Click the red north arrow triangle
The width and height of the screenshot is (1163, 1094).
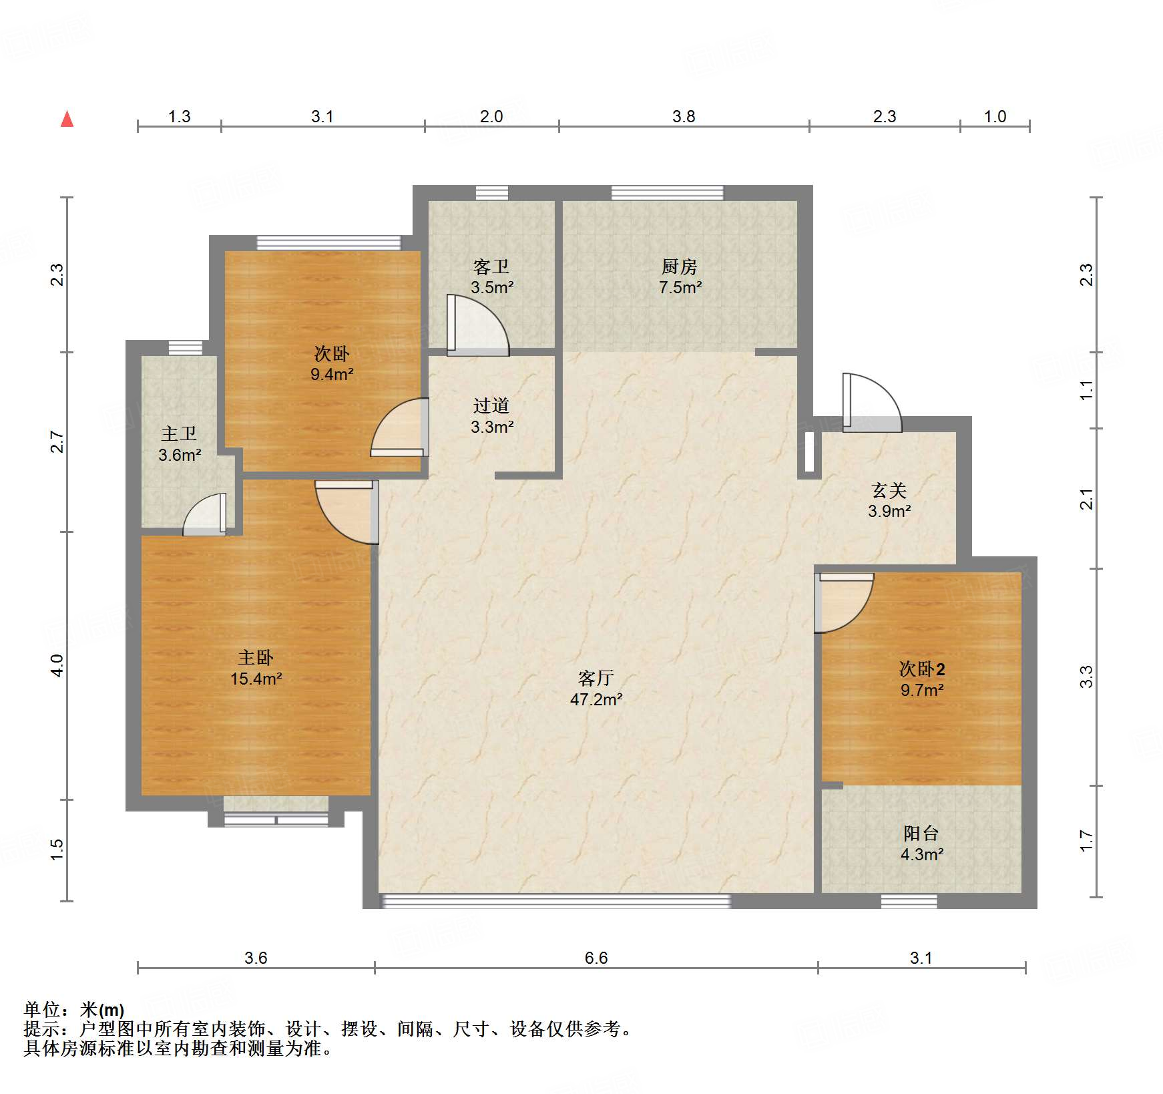pos(67,119)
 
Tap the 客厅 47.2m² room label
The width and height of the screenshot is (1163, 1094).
pos(596,689)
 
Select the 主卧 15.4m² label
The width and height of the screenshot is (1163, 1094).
pos(256,668)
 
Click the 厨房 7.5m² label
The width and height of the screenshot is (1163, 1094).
pos(680,277)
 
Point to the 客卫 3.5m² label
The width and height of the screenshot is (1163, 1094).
pos(492,277)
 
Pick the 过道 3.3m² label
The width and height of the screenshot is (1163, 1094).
pos(492,415)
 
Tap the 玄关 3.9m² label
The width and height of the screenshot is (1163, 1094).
pos(889,500)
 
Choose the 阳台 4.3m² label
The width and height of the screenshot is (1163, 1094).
pos(921,843)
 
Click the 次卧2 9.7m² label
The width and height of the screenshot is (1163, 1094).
pos(922,679)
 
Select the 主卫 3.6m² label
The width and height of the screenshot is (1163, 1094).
pos(180,444)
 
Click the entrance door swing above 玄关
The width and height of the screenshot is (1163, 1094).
pos(872,402)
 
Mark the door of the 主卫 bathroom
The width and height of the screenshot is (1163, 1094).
pos(204,514)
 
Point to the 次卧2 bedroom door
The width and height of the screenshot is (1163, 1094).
pos(844,602)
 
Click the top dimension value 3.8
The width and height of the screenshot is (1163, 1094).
pos(684,117)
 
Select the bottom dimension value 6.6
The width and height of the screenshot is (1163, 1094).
pos(596,958)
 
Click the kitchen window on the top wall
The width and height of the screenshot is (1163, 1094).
pos(667,193)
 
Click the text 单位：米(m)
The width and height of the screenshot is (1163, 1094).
pos(74,1010)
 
